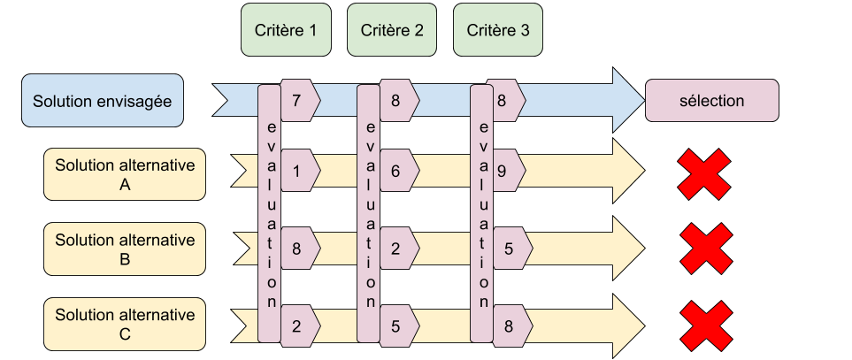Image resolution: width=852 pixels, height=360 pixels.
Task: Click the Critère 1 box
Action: (286, 30)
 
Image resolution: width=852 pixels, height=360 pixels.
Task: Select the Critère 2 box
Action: (392, 30)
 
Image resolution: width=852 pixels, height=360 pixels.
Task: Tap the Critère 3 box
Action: (497, 30)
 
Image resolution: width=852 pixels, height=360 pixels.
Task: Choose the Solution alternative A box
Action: (125, 175)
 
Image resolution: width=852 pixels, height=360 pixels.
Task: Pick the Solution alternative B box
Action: (125, 249)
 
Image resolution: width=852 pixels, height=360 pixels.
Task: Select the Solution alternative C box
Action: (125, 324)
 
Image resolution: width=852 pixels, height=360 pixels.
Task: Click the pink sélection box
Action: (711, 101)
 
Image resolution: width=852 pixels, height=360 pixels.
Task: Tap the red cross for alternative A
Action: (704, 174)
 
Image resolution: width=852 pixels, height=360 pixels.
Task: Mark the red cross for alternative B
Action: (706, 249)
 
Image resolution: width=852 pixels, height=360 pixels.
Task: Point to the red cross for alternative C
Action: (705, 325)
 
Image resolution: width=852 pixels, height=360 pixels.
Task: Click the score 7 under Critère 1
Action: (296, 100)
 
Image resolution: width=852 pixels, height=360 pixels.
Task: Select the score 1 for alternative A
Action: (296, 169)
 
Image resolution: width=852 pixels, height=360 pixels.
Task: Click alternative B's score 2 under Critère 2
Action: (395, 249)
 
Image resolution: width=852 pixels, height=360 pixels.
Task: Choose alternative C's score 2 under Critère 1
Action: (296, 325)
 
